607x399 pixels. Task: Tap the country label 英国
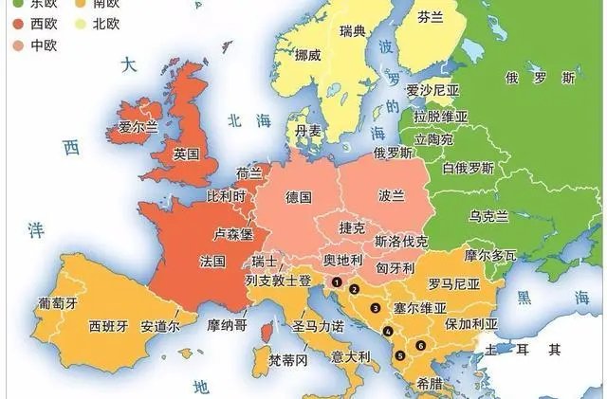[186, 154]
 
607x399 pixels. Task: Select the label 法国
[212, 260]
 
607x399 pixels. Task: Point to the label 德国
[299, 196]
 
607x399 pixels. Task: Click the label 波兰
[391, 195]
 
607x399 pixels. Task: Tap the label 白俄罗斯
[469, 169]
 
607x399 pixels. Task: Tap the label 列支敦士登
[278, 281]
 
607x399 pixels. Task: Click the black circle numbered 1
[336, 281]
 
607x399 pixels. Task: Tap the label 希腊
[429, 384]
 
